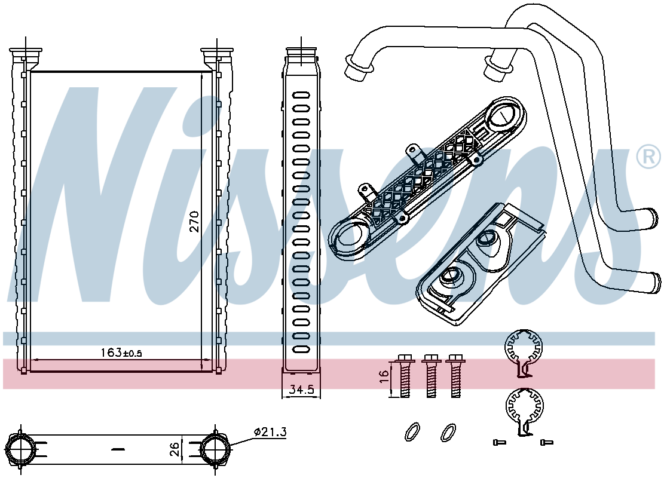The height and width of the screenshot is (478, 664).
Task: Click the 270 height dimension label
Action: click(x=194, y=222)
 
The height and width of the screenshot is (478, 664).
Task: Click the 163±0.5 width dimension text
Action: click(x=121, y=353)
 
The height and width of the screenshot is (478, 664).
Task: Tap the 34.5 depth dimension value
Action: click(x=301, y=390)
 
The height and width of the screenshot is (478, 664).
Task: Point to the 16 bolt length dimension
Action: click(x=384, y=376)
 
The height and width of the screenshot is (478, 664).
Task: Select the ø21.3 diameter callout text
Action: click(x=270, y=432)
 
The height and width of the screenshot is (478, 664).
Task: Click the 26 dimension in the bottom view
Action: click(x=175, y=449)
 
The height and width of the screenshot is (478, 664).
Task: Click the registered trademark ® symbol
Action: click(x=648, y=157)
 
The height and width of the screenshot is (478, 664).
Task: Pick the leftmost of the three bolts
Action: click(x=405, y=376)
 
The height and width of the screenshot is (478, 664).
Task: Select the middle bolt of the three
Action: click(x=431, y=376)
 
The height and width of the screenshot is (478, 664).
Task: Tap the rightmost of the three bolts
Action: click(x=455, y=376)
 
